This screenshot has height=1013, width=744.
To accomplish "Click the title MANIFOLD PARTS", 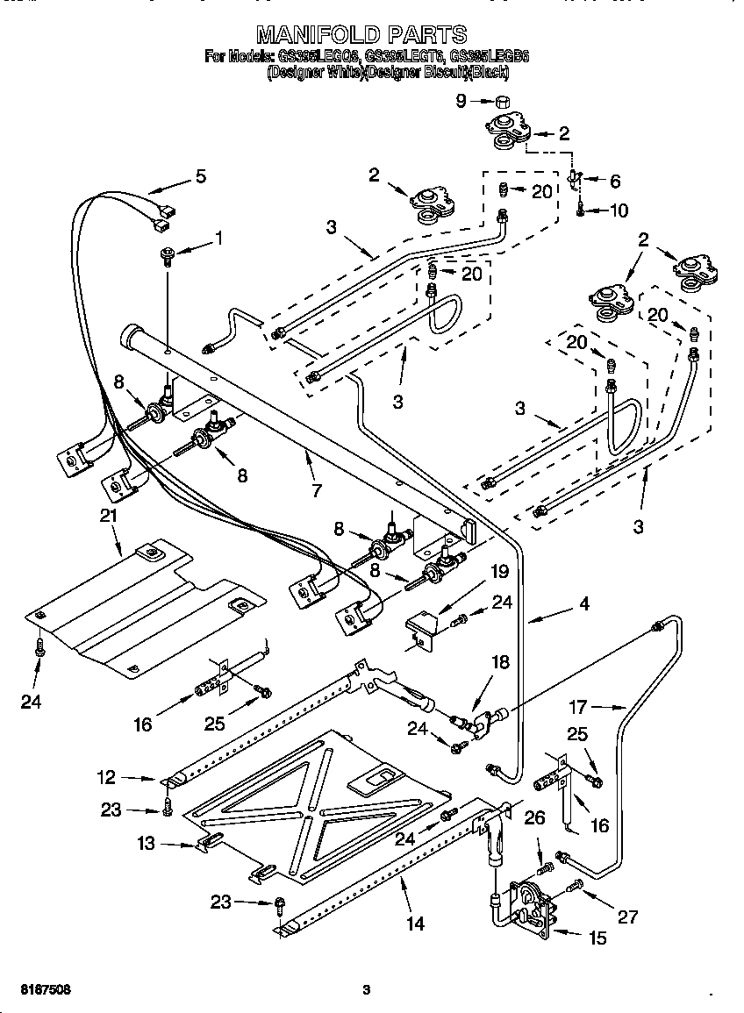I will (x=361, y=34).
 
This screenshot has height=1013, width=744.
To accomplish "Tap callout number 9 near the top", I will (x=461, y=101).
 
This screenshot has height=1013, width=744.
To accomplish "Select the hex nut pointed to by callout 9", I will (x=503, y=100).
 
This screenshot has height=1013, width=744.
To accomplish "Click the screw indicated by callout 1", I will (x=166, y=255).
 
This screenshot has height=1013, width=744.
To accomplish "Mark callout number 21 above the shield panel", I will (x=108, y=516).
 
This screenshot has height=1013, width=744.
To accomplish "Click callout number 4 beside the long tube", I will (x=584, y=603).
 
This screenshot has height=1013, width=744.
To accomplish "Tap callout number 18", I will (x=499, y=663).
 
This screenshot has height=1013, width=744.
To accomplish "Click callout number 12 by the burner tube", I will (x=105, y=776).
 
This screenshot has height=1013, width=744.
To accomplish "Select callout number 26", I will (x=534, y=818).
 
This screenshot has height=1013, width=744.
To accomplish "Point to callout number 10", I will (x=618, y=210).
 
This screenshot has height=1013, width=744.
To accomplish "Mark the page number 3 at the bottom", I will (x=367, y=990).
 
